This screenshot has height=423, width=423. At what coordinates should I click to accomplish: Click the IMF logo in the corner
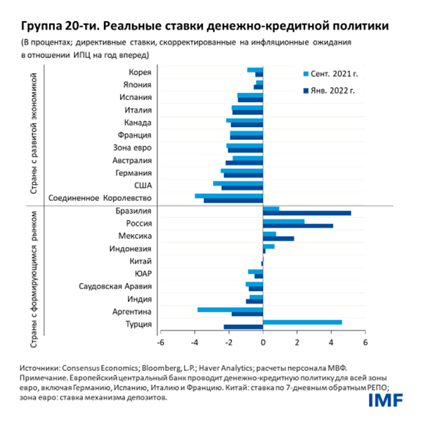tap(386, 401)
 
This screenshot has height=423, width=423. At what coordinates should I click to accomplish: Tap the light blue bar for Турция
tap(302, 322)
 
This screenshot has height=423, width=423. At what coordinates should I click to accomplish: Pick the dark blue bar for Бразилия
tap(306, 213)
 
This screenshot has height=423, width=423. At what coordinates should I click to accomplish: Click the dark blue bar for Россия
tap(297, 226)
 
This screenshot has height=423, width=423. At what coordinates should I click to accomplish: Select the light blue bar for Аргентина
tap(230, 309)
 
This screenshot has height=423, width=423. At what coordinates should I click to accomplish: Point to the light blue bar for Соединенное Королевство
tap(228, 196)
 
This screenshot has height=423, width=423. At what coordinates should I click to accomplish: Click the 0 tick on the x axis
tap(263, 342)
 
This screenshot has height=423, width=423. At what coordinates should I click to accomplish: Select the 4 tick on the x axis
tap(331, 342)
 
